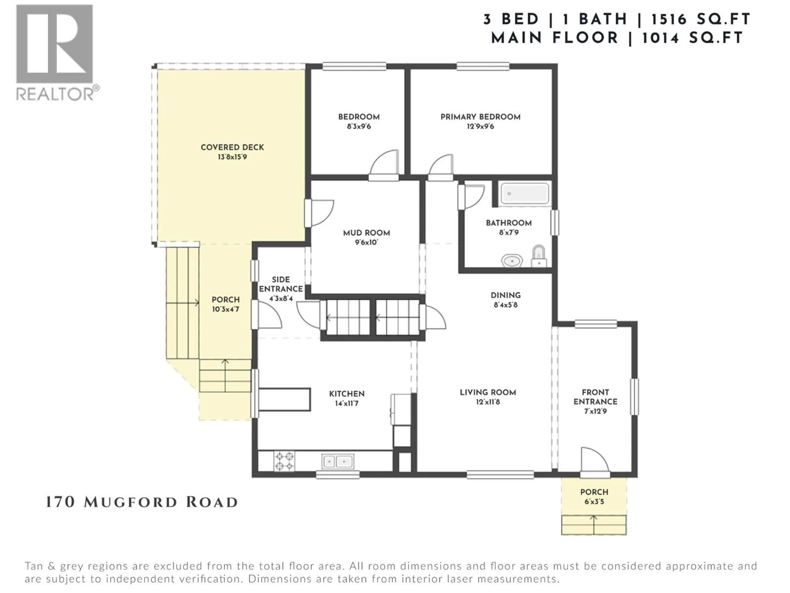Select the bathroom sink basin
coord(512,261)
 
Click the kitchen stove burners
coord(284,461)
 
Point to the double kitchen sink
coord(338,461)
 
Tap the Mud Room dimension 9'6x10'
coord(366,242)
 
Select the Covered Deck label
coord(232,147)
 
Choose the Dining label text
coord(505,295)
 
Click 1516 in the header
coord(669,19)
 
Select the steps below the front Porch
coord(594,525)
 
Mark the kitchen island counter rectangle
coord(284,399)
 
